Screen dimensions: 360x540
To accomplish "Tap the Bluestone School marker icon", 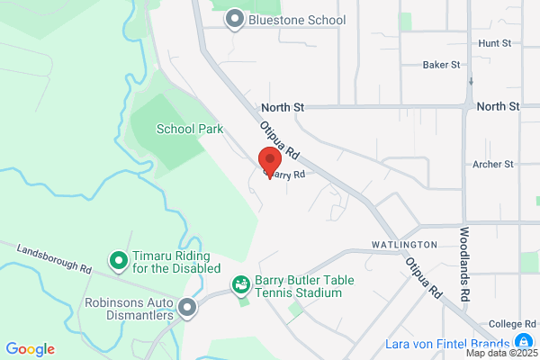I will (x=236, y=19).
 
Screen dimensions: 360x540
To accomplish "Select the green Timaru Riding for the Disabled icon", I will (x=118, y=261).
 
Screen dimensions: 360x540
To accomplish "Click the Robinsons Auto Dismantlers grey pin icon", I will (x=188, y=309).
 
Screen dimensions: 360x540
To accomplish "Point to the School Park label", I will (x=190, y=129).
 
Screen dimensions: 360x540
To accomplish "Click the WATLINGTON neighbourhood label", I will (x=404, y=245).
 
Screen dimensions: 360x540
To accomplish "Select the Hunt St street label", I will (x=495, y=42).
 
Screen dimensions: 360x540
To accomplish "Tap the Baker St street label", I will (x=442, y=65).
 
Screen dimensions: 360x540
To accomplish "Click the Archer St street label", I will (x=492, y=165).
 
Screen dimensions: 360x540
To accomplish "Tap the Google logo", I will (x=30, y=349).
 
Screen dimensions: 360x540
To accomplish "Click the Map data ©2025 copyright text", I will (x=501, y=353).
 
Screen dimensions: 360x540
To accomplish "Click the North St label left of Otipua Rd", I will (x=283, y=106).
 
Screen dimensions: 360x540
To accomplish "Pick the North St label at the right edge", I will (x=499, y=106).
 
